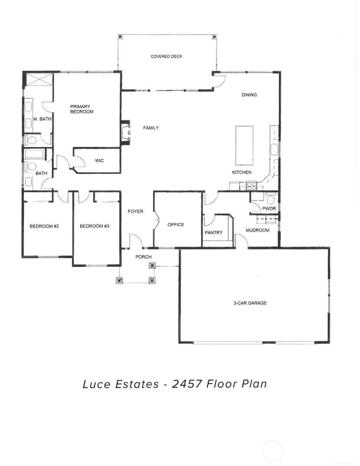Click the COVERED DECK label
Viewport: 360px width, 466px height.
click(167, 56)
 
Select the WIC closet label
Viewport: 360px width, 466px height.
click(99, 161)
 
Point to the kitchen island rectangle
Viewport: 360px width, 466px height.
click(244, 145)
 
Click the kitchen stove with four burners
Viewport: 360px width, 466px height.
click(252, 186)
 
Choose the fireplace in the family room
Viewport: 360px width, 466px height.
click(126, 133)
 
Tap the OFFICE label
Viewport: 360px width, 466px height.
click(176, 225)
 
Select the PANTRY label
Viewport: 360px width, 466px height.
click(213, 232)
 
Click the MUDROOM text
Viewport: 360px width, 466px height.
click(257, 230)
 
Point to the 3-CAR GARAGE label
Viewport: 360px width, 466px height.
click(250, 303)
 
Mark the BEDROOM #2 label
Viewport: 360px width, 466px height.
click(44, 226)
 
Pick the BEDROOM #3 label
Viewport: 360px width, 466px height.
click(94, 226)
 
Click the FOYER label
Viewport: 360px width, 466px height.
click(136, 211)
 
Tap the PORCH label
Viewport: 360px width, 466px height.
click(143, 257)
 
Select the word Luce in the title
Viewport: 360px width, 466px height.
click(96, 384)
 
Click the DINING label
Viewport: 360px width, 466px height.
click(249, 95)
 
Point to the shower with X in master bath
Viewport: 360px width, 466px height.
click(39, 79)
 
